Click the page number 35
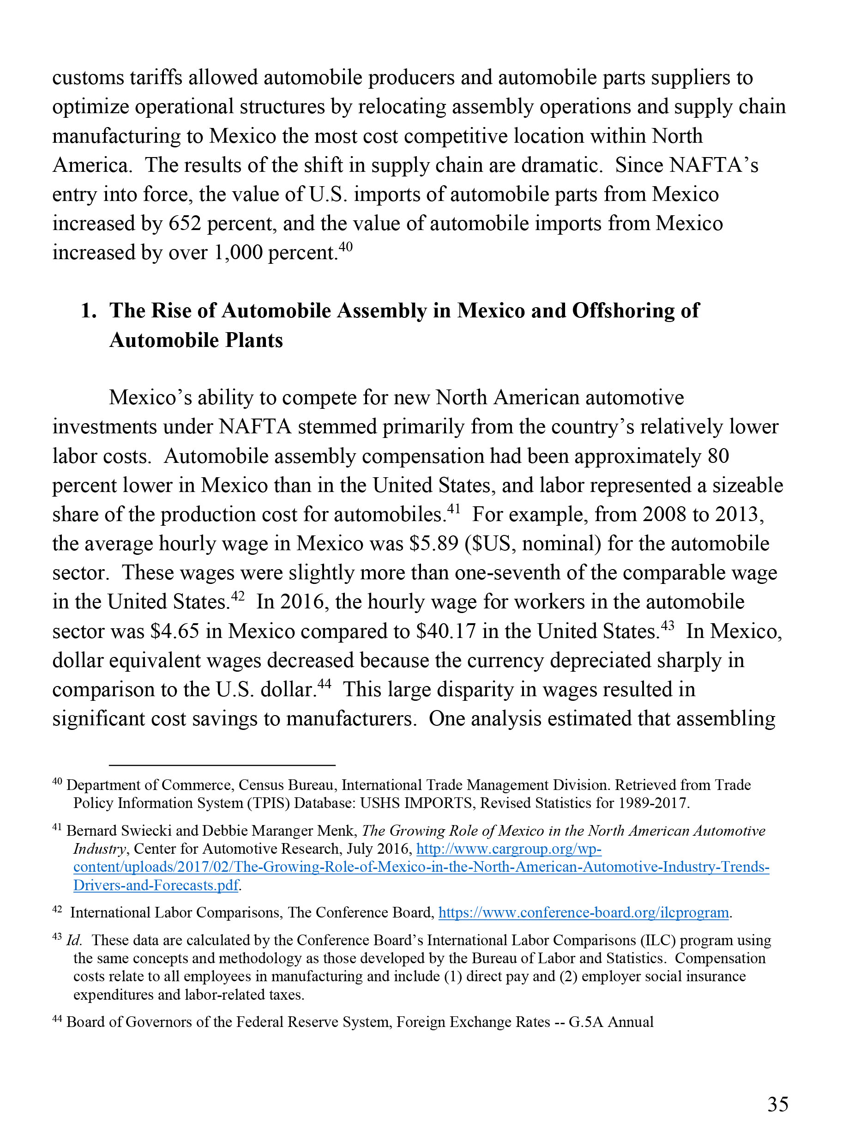tap(778, 1104)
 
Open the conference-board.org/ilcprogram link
tap(583, 912)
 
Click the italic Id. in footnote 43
tap(74, 940)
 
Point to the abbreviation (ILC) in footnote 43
tap(649, 940)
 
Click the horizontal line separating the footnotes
tap(222, 765)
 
